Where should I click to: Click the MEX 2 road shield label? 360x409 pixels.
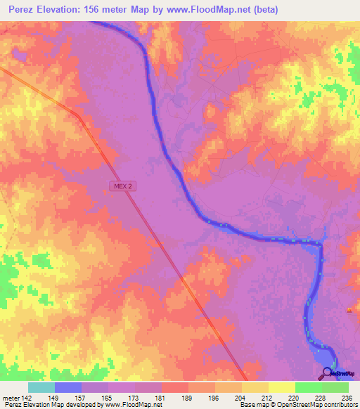pos(121,186)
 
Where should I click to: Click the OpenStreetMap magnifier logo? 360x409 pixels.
pos(328,373)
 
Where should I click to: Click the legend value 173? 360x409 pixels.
pos(135,398)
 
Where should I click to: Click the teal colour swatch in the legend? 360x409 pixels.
pos(41,387)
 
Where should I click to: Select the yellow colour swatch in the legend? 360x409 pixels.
pos(281,387)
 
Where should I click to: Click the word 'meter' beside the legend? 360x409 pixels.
pos(11,398)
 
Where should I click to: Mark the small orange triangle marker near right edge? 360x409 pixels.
pos(349,310)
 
